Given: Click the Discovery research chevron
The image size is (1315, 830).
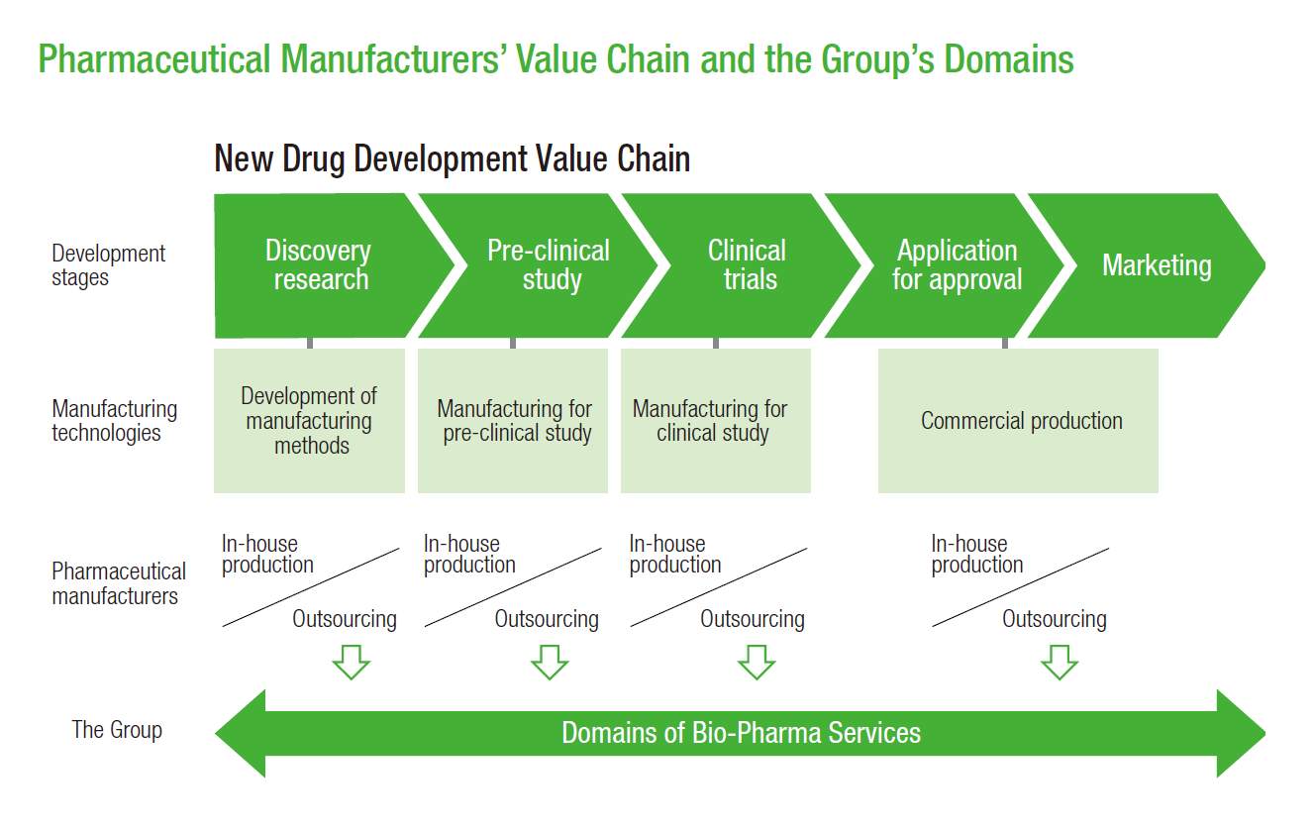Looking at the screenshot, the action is coord(320,265).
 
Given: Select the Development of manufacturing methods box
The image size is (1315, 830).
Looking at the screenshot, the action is coord(309,421).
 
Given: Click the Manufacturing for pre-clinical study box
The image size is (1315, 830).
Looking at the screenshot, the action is coord(513,421).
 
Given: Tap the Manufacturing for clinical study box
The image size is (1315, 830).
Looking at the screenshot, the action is coord(716,421).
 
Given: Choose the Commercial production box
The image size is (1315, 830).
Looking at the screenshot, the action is coord(1018,421).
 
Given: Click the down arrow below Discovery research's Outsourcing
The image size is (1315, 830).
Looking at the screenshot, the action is coord(352,663).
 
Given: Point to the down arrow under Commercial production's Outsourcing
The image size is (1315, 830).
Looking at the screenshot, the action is coord(1060,663).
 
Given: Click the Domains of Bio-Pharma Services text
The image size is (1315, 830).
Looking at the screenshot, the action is coord(741,733).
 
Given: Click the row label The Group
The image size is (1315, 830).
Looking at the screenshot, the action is coord(117,730).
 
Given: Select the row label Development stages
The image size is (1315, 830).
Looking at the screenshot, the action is coord(109,264).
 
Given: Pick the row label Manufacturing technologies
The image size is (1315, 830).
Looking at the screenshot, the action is coord(115,421).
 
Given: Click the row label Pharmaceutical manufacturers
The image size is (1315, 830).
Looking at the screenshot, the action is coord(119,583).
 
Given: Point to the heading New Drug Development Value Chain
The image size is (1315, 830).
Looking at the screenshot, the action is coord(452,158).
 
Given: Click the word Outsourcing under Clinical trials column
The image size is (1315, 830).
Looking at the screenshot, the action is coord(752,619).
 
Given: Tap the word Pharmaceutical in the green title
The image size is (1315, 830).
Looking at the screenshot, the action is coord(153,59).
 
